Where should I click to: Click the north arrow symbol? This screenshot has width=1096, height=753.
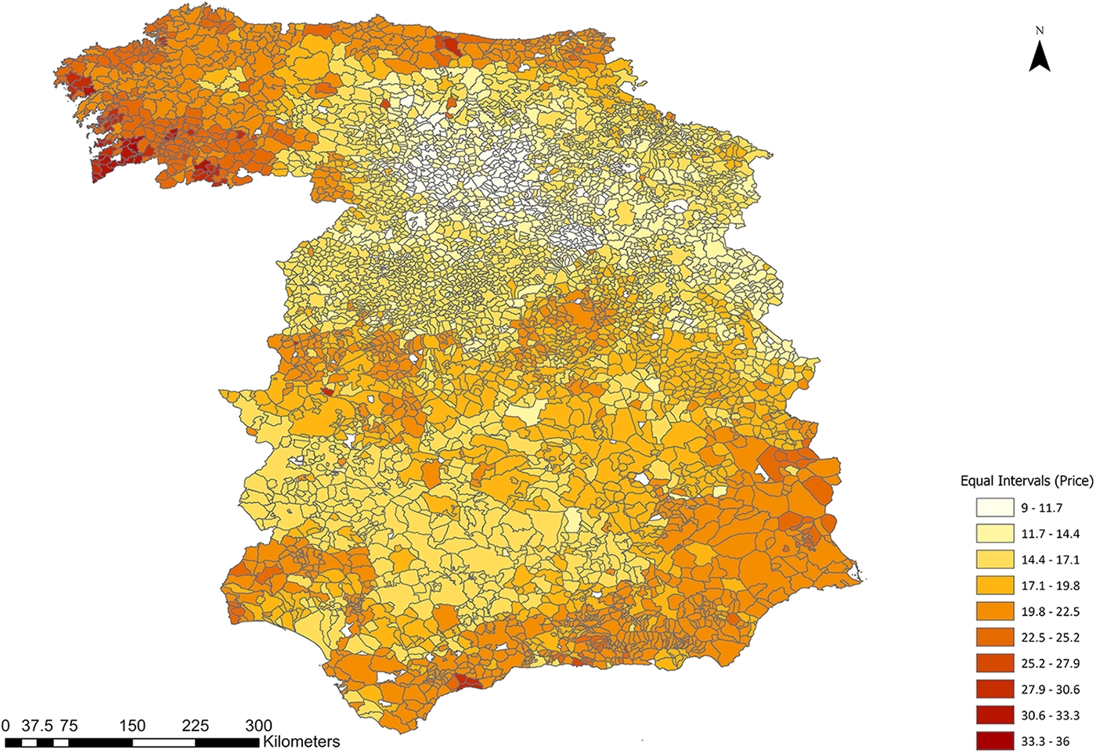click(x=1039, y=57)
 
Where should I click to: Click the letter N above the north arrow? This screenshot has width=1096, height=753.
click(x=1039, y=31)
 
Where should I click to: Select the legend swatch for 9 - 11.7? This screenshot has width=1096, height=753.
click(x=995, y=508)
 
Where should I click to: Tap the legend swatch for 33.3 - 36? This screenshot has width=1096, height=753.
click(x=995, y=740)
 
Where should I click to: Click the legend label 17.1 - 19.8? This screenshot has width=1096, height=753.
click(x=1050, y=585)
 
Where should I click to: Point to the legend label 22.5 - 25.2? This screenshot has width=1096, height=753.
click(x=1050, y=637)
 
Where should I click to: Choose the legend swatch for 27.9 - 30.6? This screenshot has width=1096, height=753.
click(x=995, y=689)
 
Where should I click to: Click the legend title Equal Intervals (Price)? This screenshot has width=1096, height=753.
click(x=1026, y=481)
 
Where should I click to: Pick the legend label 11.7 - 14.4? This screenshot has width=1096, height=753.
click(x=1050, y=534)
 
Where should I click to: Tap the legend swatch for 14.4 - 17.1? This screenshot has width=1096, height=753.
click(x=995, y=560)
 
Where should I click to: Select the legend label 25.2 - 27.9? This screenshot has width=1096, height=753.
click(x=1050, y=663)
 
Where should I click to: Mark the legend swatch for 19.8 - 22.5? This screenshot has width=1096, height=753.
click(x=995, y=611)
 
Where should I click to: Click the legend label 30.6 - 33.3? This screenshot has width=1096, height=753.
click(x=1050, y=715)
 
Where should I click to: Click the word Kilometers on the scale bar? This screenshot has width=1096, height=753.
click(x=301, y=741)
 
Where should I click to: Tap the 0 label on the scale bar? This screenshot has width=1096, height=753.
click(x=6, y=726)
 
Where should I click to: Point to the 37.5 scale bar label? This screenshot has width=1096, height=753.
click(x=37, y=726)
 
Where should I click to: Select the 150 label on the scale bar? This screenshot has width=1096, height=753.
click(x=132, y=726)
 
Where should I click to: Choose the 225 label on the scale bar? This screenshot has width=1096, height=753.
click(x=196, y=726)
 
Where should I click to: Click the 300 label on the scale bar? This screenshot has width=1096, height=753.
click(x=258, y=726)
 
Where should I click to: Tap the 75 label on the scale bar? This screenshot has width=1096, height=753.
click(x=69, y=726)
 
